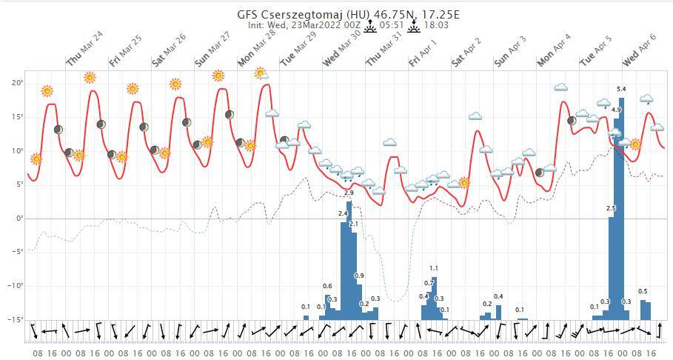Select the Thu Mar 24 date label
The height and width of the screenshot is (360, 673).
point(84,49)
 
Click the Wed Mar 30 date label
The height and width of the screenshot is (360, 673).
point(341,49)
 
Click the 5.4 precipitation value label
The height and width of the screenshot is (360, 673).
point(621,89)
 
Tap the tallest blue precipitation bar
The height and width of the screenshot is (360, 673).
point(621,207)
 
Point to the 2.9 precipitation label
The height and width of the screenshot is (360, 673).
point(349,193)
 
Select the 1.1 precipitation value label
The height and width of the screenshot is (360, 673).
point(434,268)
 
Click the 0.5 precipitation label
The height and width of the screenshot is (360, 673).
point(643,291)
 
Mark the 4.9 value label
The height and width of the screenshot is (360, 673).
point(616,110)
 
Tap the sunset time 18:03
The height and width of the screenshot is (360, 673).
point(438,24)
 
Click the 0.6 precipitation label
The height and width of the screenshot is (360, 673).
point(327,286)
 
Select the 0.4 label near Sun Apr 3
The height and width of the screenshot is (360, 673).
point(498,296)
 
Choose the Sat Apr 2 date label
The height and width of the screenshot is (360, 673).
point(466,49)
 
